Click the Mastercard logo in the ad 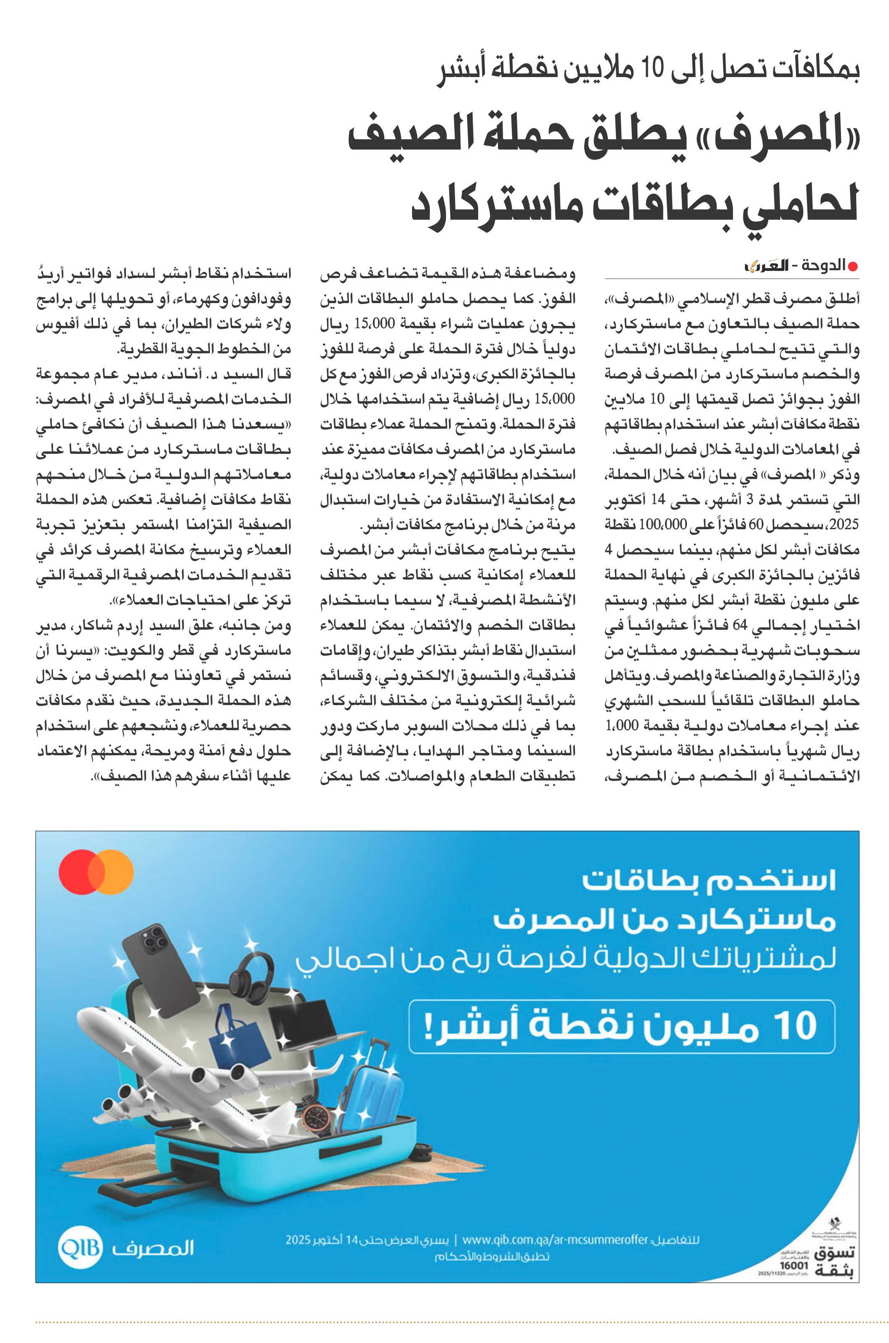pos(96,872)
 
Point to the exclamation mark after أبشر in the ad pos(429,1026)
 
